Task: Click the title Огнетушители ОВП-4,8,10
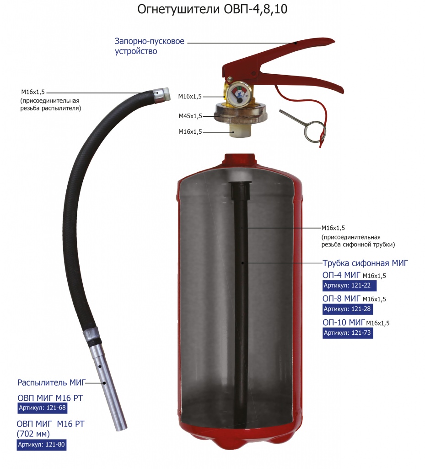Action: coord(212,9)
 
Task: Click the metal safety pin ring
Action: coord(314,131)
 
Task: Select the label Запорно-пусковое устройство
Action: coord(149,46)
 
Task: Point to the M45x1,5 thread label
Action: coord(190,116)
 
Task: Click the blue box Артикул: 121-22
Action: coord(349,285)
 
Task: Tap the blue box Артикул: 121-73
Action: coord(348,333)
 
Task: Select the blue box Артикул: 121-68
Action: coord(43,408)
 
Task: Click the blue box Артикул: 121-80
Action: coord(42,444)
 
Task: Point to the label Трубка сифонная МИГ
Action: coord(365,263)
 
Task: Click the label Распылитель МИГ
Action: coord(51,382)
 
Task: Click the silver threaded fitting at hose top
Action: coord(162,94)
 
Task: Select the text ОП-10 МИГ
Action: coord(344,322)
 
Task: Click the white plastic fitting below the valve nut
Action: coord(241,131)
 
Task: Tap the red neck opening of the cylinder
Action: coord(240,158)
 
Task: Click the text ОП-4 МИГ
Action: coord(341,275)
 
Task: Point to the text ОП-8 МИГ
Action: coord(341,298)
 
